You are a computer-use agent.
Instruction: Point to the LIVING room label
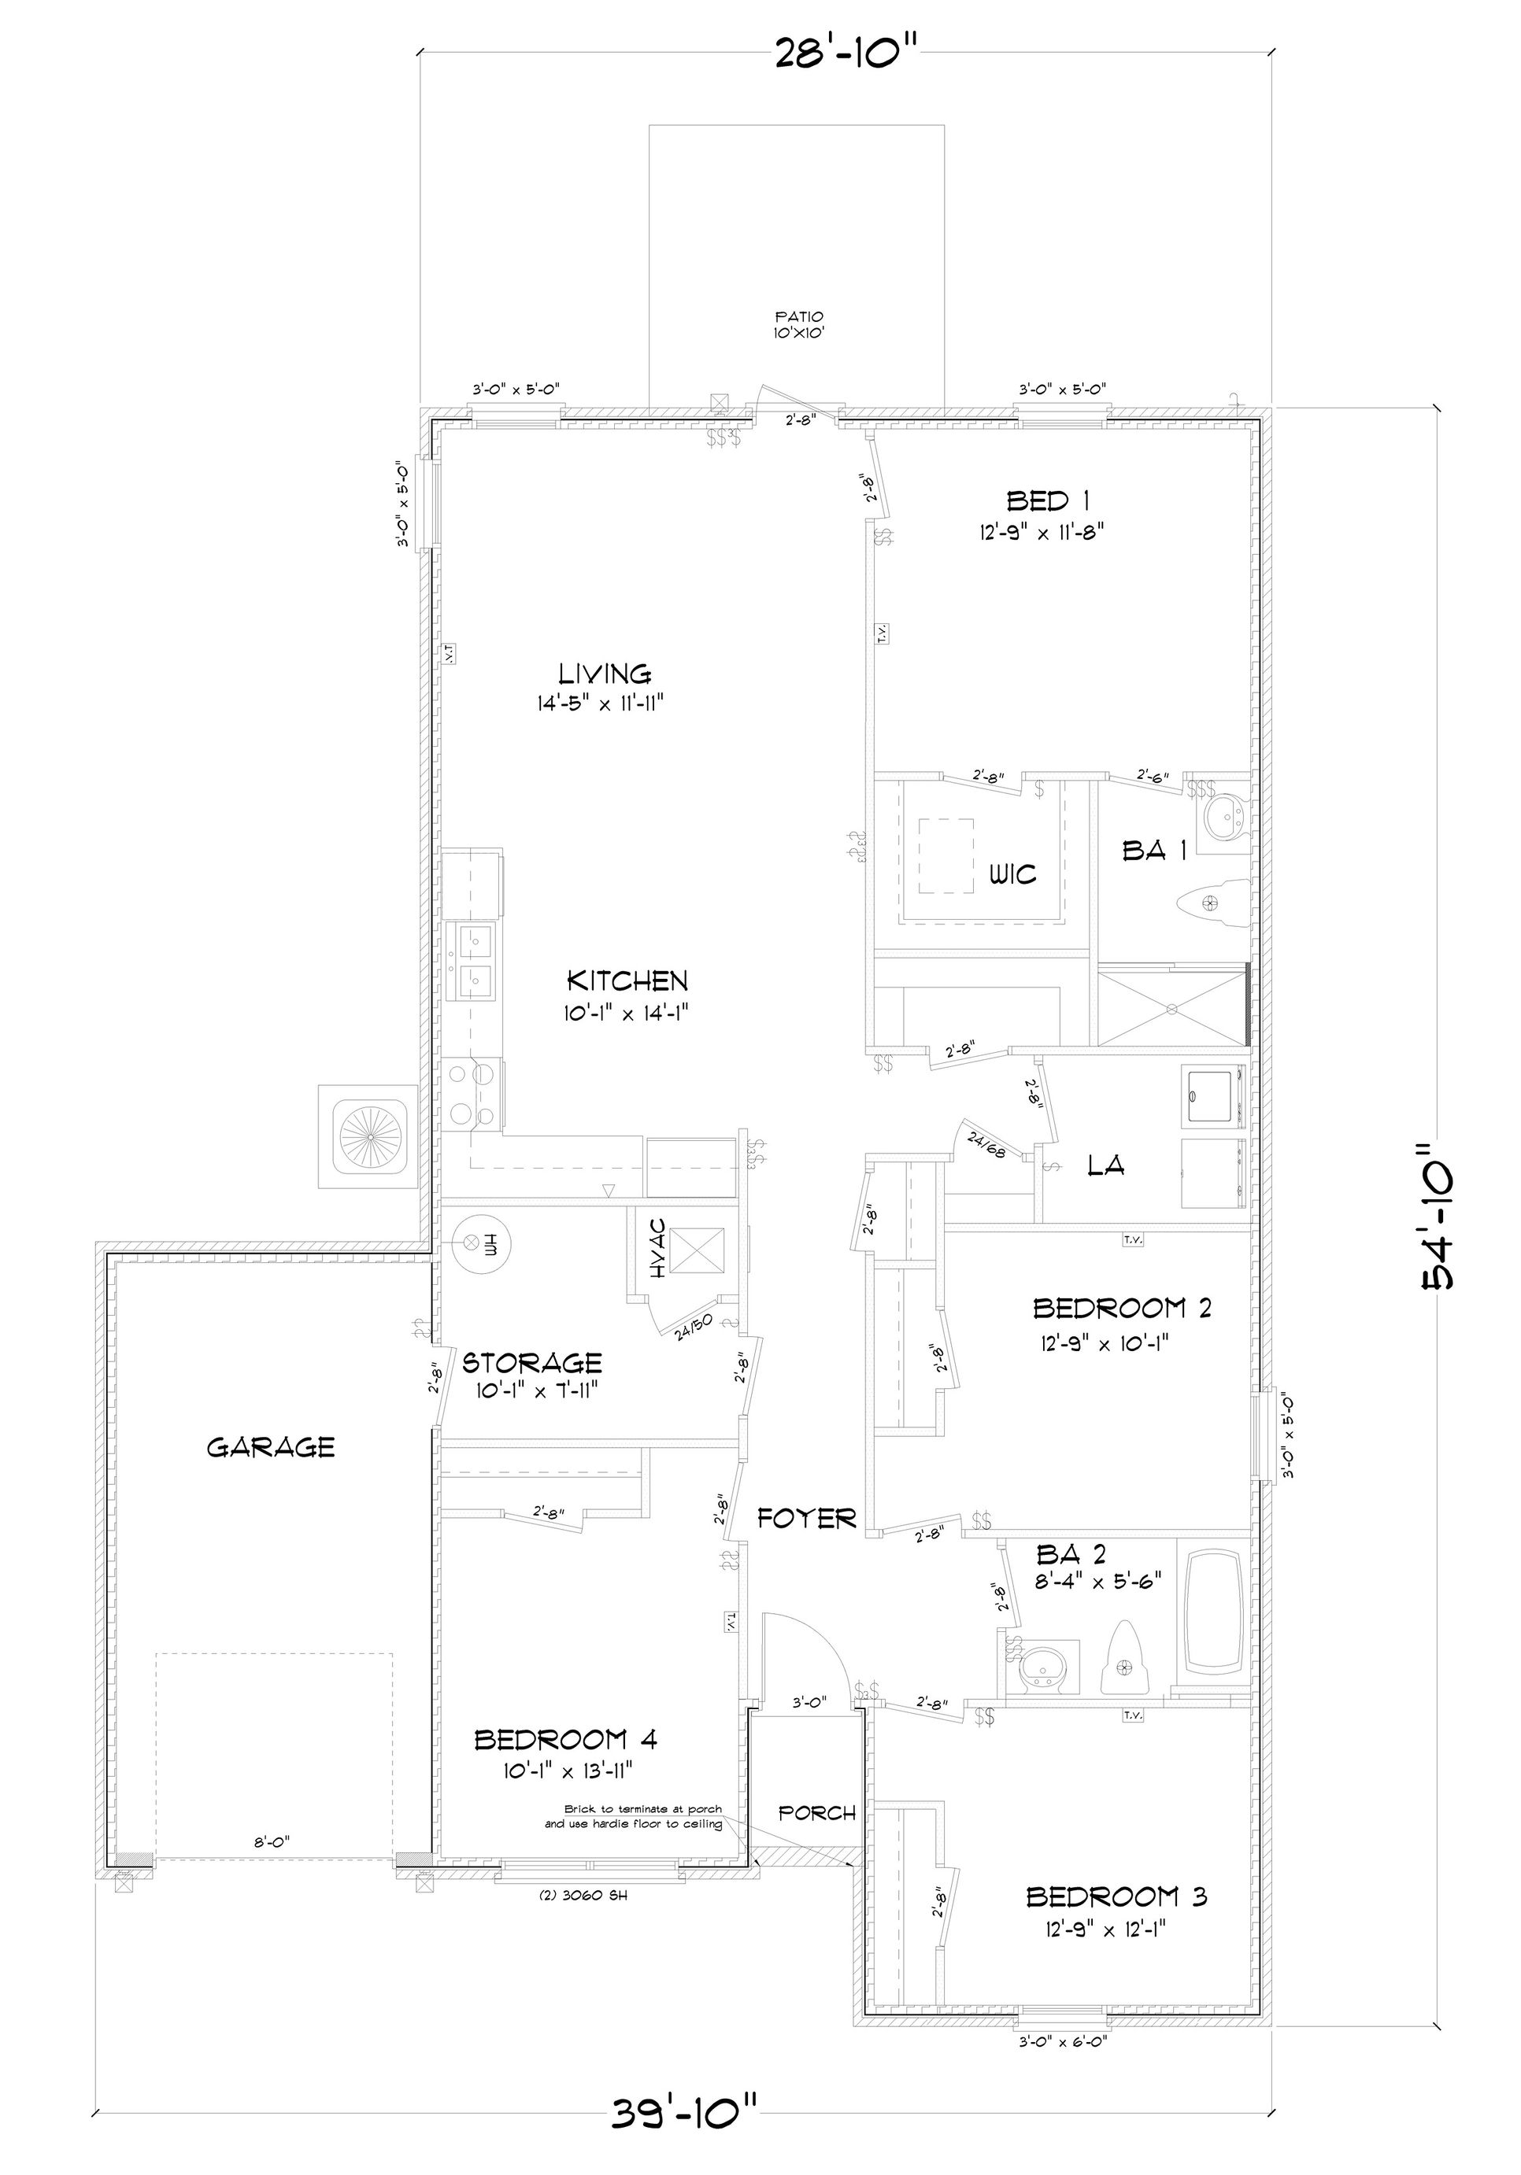click(x=605, y=674)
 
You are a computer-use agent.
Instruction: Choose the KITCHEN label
click(x=627, y=980)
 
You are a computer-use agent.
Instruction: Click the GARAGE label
click(x=270, y=1447)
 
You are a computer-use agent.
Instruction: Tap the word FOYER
click(x=806, y=1519)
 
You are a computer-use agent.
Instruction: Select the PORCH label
click(x=817, y=1812)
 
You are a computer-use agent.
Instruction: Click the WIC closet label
click(x=1013, y=873)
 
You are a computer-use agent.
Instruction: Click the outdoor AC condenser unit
click(x=367, y=1136)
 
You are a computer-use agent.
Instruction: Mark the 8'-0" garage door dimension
click(x=271, y=1842)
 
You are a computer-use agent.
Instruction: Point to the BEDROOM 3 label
click(x=1116, y=1896)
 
